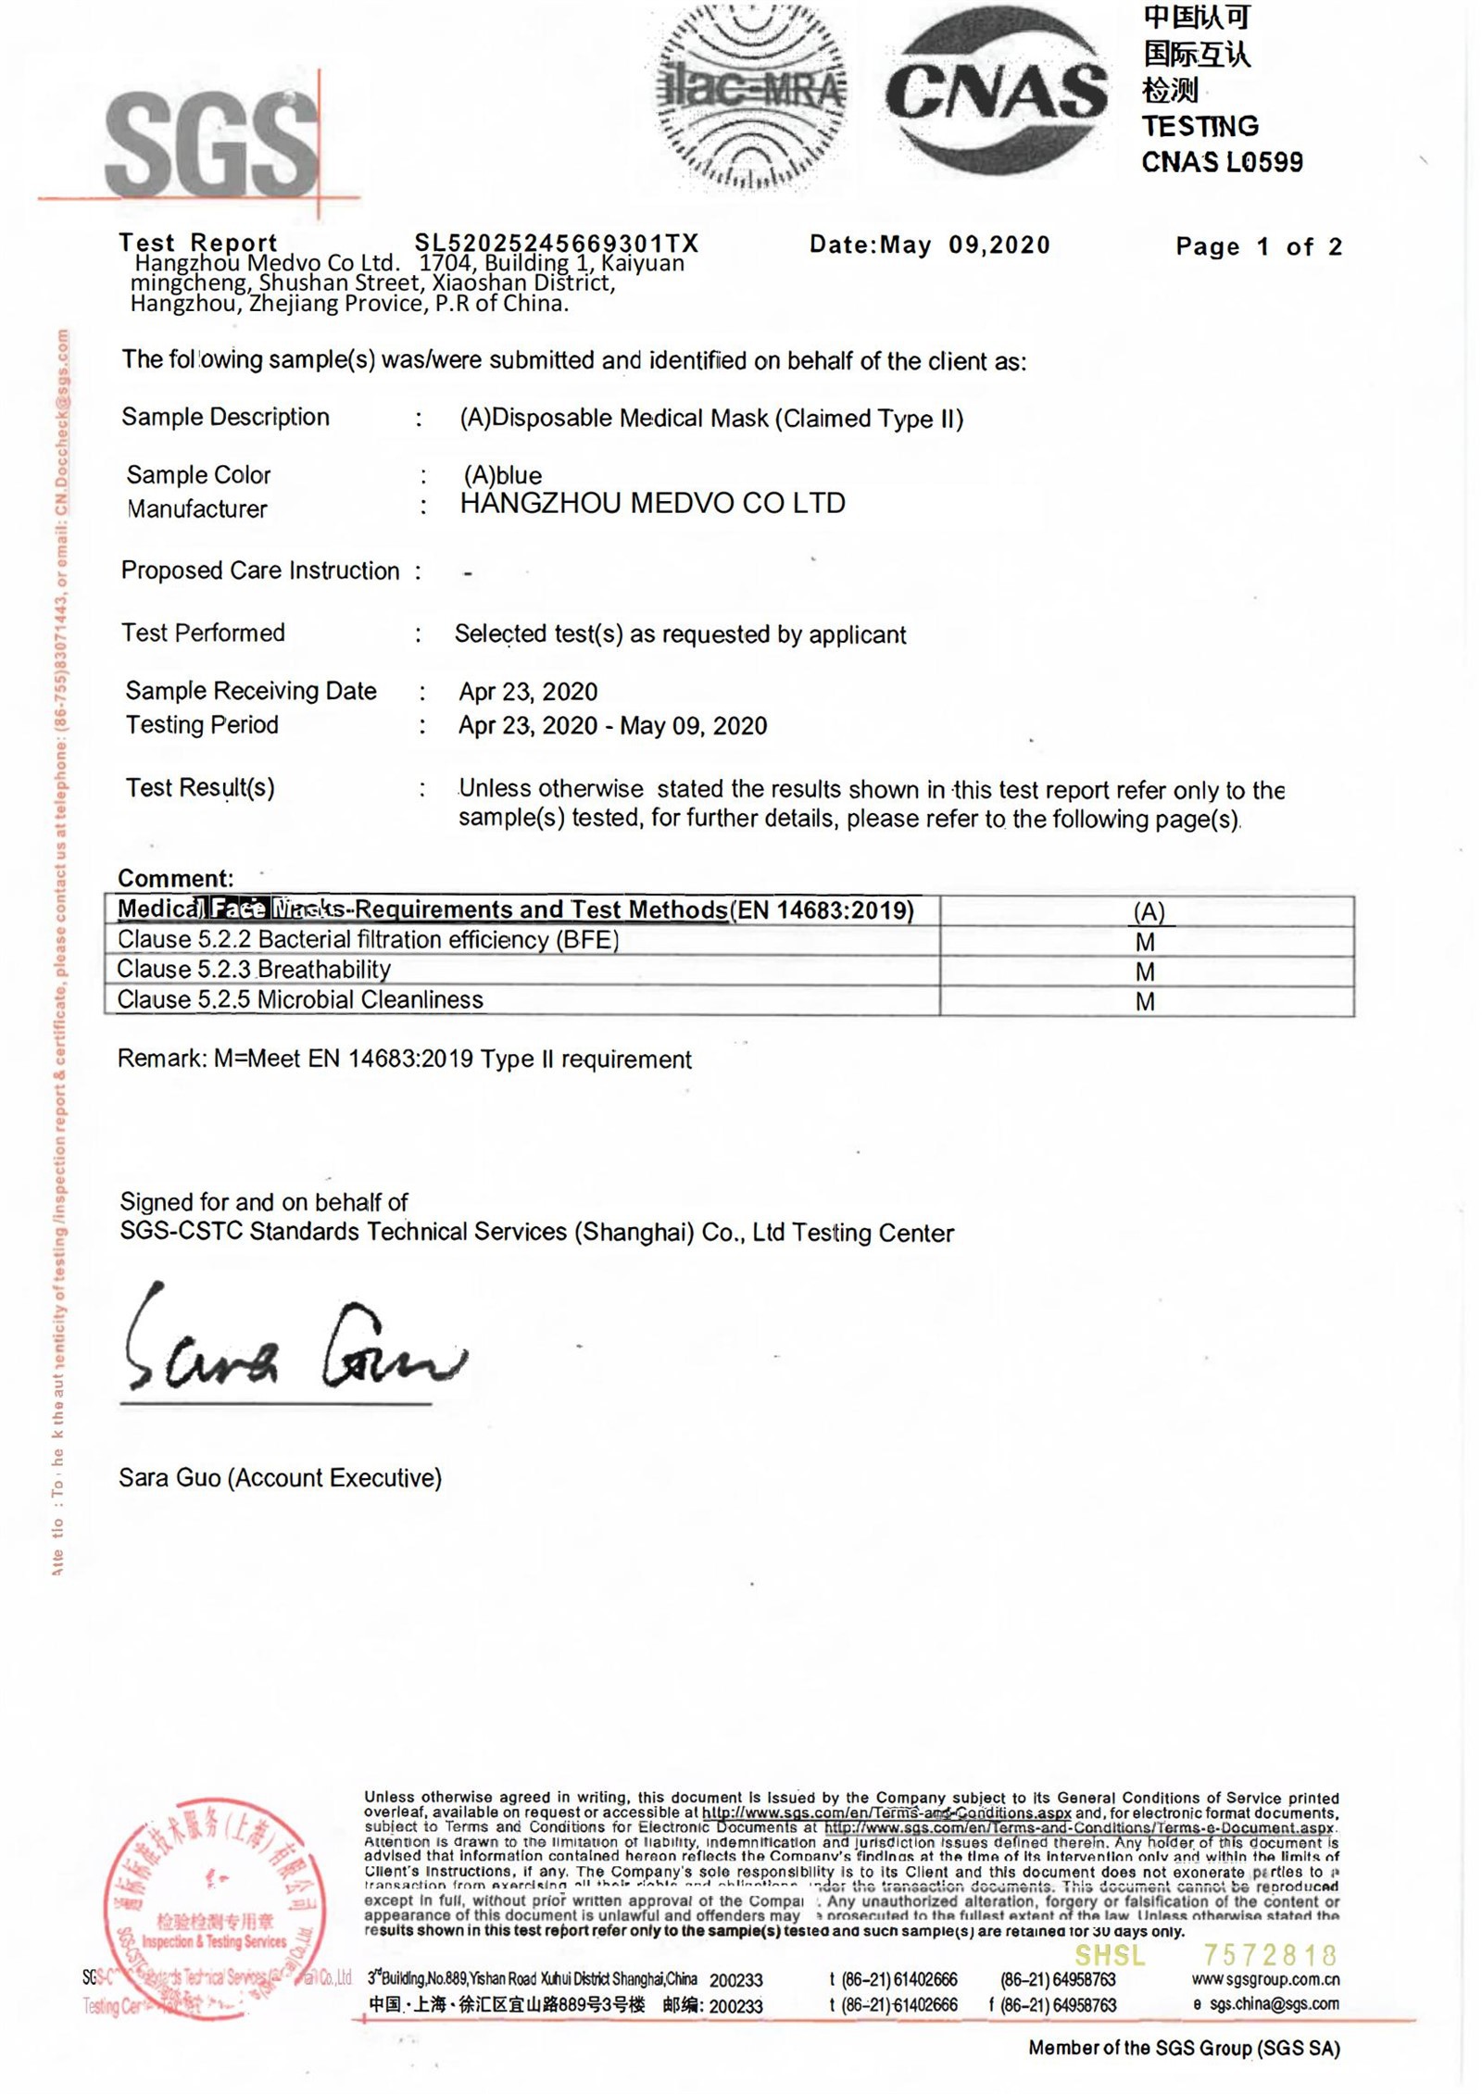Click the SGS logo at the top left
click(211, 144)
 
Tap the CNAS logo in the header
click(996, 91)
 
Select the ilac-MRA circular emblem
click(750, 93)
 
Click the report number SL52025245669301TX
click(556, 244)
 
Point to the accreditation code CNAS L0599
click(1221, 163)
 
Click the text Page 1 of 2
click(1258, 246)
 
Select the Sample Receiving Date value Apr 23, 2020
click(528, 692)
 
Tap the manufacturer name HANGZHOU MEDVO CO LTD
click(652, 504)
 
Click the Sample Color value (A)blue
click(503, 475)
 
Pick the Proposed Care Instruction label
click(260, 571)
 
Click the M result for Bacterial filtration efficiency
click(1145, 942)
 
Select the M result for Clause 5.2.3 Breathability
click(1145, 972)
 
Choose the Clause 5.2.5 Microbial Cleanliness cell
click(300, 1000)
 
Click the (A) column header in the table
click(1149, 911)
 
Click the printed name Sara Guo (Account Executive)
click(280, 1478)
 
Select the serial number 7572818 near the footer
click(1270, 1955)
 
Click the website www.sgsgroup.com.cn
click(1265, 1979)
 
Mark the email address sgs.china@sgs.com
click(1274, 2004)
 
